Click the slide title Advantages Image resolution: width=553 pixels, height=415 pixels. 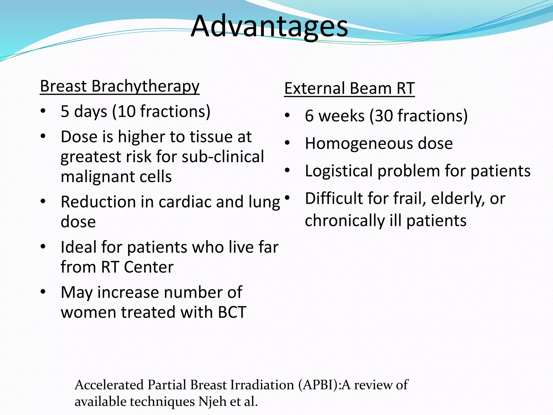click(x=269, y=26)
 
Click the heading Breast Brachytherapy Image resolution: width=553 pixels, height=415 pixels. click(x=120, y=86)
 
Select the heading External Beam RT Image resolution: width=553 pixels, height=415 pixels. click(x=349, y=88)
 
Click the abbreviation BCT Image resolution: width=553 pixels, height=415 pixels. click(x=232, y=312)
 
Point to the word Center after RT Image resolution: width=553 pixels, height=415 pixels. click(x=149, y=267)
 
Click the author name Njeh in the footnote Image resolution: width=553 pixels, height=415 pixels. click(x=212, y=401)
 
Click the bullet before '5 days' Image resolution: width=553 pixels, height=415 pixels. click(x=43, y=111)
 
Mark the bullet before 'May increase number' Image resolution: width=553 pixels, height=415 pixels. click(x=43, y=292)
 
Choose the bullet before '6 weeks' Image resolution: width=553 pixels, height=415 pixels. click(x=287, y=116)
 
